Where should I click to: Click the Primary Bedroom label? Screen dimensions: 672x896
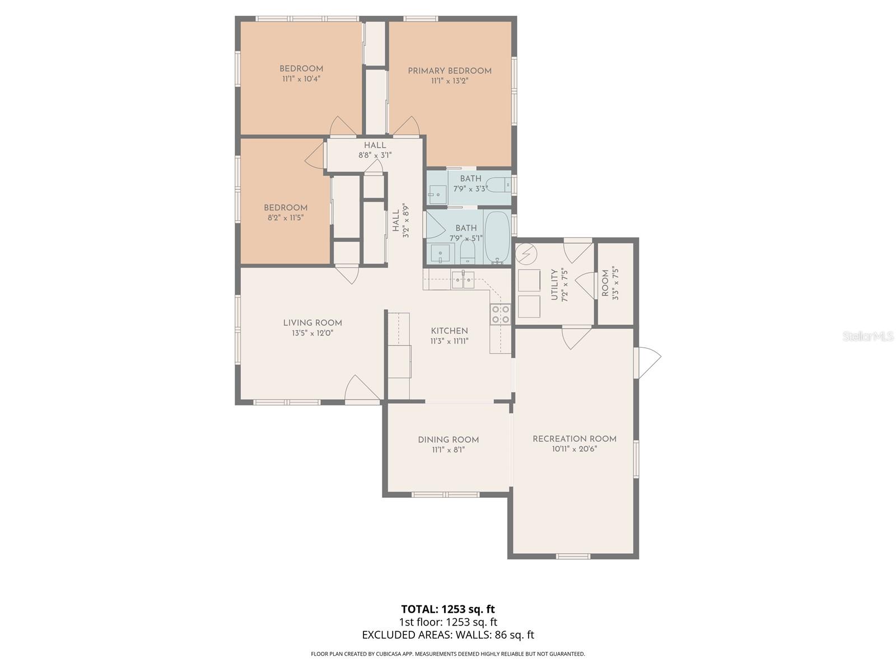click(x=449, y=71)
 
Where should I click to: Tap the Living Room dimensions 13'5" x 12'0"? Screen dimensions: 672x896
click(x=312, y=333)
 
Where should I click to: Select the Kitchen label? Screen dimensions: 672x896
click(x=449, y=331)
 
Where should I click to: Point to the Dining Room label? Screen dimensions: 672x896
click(x=448, y=440)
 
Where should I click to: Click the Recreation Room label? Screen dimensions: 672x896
click(x=574, y=439)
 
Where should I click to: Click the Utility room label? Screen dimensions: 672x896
click(x=554, y=284)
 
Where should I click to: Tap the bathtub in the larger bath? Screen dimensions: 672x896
click(x=497, y=238)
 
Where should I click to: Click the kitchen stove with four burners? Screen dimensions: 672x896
click(x=500, y=314)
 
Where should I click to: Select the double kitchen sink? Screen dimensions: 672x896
click(x=463, y=279)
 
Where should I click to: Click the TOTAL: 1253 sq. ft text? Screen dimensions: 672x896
click(x=448, y=609)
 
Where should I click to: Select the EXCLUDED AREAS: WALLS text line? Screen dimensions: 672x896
click(x=448, y=635)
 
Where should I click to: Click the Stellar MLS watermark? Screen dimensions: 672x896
click(x=868, y=337)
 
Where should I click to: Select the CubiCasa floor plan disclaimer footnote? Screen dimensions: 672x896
click(x=448, y=654)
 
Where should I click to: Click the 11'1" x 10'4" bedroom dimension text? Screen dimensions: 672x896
click(x=301, y=79)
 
